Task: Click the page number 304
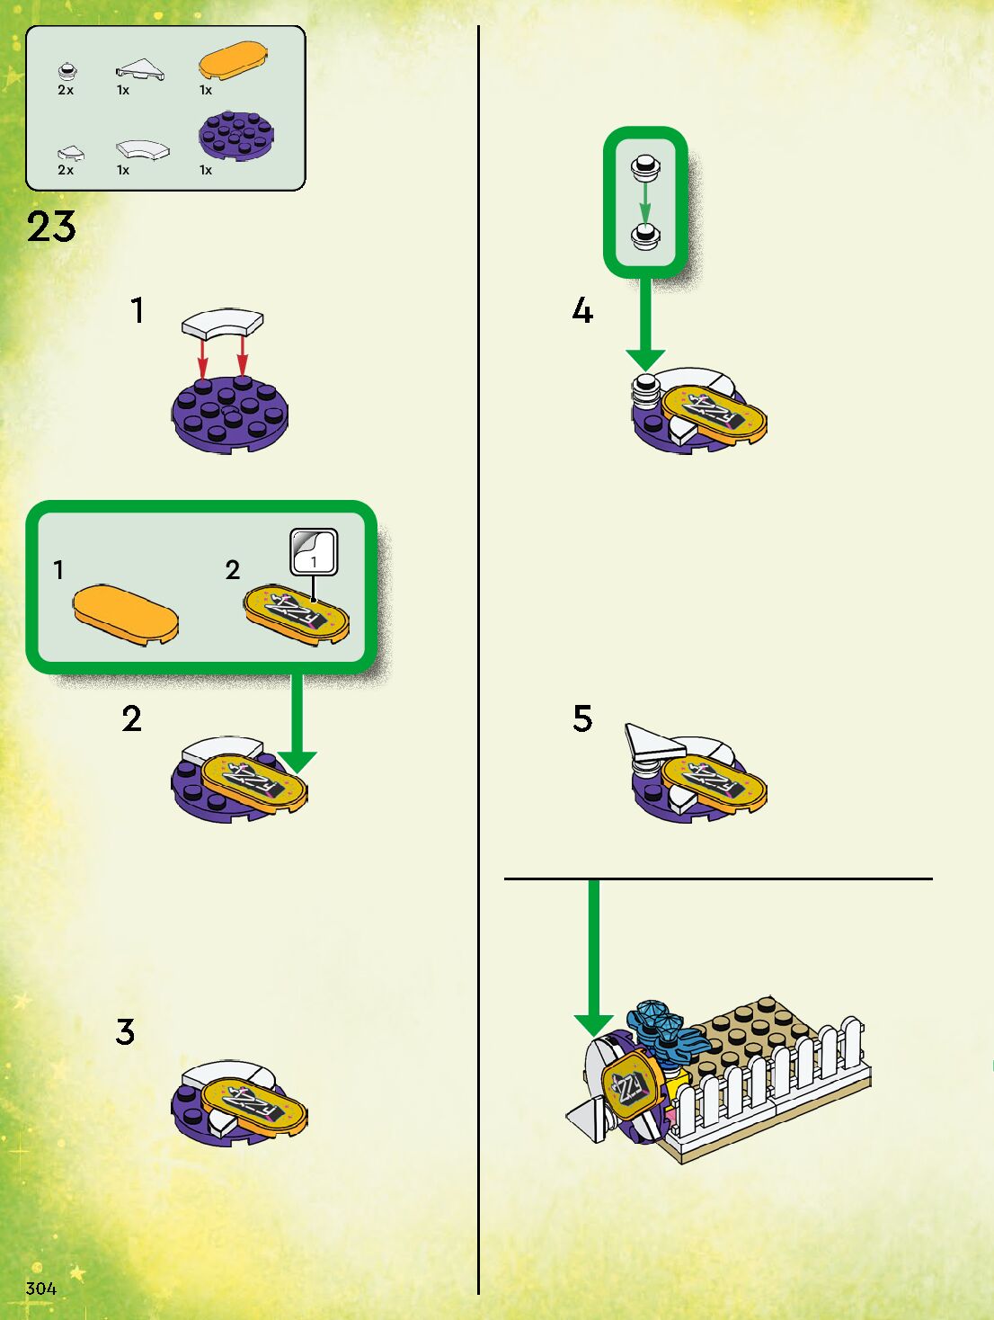(x=40, y=1289)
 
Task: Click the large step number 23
(x=51, y=227)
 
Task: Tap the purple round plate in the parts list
(x=236, y=136)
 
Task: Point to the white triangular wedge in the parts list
(x=140, y=69)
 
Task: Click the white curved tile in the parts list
(x=143, y=149)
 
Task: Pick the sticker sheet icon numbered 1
(x=314, y=552)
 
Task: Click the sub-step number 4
(x=582, y=311)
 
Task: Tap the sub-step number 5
(x=582, y=718)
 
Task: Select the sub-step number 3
(x=125, y=1032)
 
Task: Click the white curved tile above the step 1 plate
(x=223, y=322)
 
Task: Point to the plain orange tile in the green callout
(x=126, y=614)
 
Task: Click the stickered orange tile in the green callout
(x=297, y=614)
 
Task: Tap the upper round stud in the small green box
(x=646, y=166)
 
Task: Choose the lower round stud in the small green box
(x=646, y=235)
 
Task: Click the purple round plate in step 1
(x=230, y=415)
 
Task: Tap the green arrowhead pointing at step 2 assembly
(x=297, y=763)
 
